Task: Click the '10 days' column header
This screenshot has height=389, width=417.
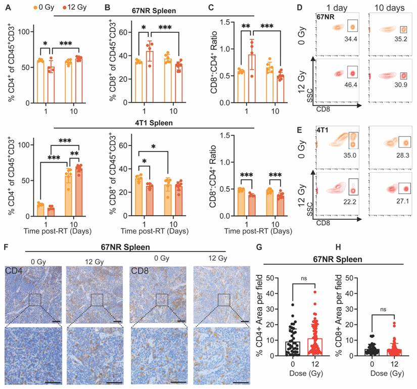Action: pyautogui.click(x=388, y=9)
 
